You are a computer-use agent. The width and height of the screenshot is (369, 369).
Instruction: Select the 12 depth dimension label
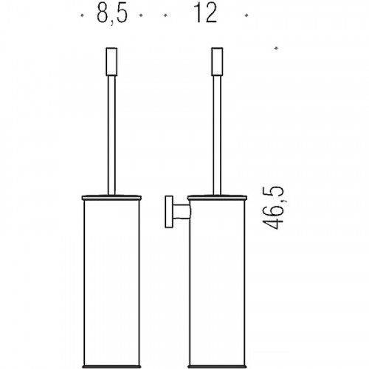[207, 15]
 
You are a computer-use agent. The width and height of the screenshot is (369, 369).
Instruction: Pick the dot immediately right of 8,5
[140, 15]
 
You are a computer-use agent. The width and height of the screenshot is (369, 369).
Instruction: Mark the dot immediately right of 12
[246, 15]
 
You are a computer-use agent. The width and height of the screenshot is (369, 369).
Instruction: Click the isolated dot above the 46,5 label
[276, 49]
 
